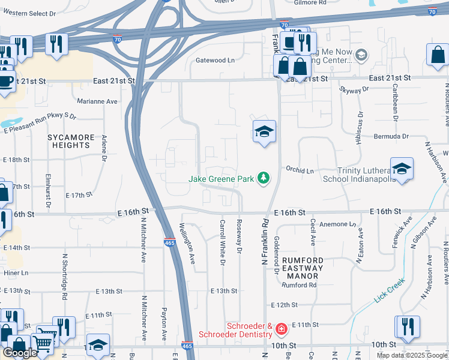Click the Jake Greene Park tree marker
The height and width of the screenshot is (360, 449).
263,178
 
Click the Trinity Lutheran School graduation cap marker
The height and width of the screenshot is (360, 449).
402,169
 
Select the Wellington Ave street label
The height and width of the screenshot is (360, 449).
188,244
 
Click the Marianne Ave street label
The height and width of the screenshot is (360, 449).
97,101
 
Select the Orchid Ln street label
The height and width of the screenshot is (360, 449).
300,171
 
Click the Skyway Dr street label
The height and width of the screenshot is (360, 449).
354,90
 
